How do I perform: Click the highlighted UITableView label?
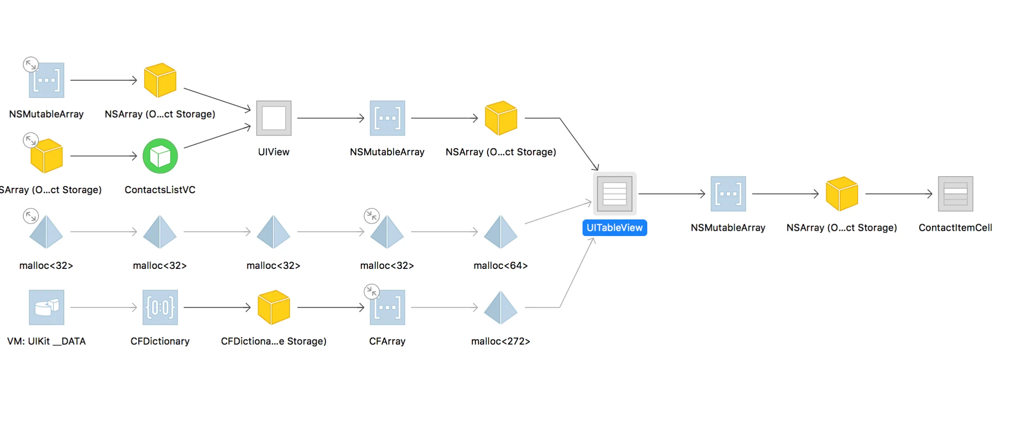click(614, 228)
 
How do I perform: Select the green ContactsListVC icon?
click(160, 156)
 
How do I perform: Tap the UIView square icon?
click(274, 118)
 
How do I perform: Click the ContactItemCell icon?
click(955, 194)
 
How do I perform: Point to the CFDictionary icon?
click(160, 307)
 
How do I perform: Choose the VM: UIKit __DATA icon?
click(46, 307)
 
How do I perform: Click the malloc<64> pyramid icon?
click(501, 232)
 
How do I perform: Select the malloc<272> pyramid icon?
click(501, 307)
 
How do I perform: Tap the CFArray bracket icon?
click(387, 307)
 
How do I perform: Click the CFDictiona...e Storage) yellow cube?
click(274, 307)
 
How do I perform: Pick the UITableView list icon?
click(614, 194)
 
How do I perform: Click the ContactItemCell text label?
click(955, 228)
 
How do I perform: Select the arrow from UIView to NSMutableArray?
click(331, 118)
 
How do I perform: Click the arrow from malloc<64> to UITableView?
click(558, 213)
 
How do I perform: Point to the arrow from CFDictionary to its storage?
click(217, 307)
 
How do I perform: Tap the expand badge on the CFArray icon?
click(372, 292)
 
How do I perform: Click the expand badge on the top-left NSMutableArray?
click(31, 65)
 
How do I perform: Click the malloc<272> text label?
click(501, 341)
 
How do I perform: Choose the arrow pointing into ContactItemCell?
click(899, 194)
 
